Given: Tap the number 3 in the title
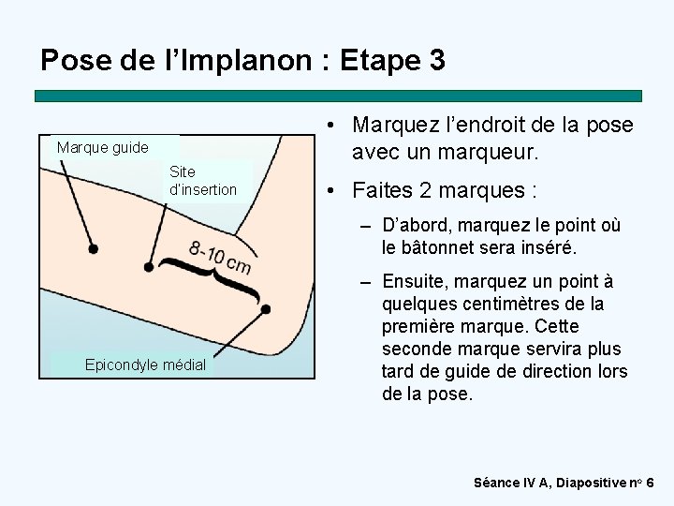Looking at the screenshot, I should [x=436, y=61].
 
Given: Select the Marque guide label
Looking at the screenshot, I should [x=102, y=147].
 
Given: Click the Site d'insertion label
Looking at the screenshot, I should [x=203, y=181].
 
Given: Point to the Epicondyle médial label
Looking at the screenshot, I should [x=145, y=365].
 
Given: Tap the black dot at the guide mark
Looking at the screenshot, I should [x=93, y=248].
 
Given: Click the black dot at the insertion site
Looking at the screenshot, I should [x=149, y=267].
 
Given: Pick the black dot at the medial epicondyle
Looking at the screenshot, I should [x=266, y=308].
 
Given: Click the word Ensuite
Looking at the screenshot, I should [x=418, y=281].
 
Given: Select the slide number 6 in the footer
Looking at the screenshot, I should [x=651, y=483].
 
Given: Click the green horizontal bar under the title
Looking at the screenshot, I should [x=338, y=96].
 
